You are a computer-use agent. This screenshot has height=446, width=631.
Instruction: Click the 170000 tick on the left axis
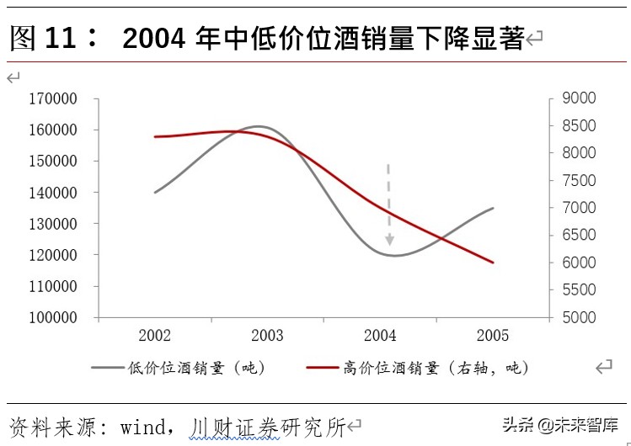click(x=53, y=98)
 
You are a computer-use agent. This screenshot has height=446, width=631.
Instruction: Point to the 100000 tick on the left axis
click(x=53, y=317)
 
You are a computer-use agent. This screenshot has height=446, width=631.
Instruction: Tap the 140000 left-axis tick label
click(x=53, y=193)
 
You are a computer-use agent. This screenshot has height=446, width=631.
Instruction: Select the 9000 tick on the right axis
click(x=579, y=98)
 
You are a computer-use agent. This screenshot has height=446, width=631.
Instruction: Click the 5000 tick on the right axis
click(x=579, y=317)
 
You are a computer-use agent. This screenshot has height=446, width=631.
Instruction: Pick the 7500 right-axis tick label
click(x=579, y=181)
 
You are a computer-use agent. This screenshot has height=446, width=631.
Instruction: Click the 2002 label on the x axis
click(x=155, y=336)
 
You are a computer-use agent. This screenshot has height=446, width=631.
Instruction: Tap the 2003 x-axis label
click(x=267, y=336)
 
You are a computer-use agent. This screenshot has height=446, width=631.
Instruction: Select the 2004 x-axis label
click(x=380, y=336)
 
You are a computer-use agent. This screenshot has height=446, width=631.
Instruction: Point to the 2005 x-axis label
click(x=493, y=336)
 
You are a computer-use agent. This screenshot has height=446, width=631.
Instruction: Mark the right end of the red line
click(x=493, y=263)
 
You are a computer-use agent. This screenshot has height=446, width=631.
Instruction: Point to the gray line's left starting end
click(x=155, y=193)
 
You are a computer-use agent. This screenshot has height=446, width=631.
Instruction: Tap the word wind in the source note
click(x=143, y=427)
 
